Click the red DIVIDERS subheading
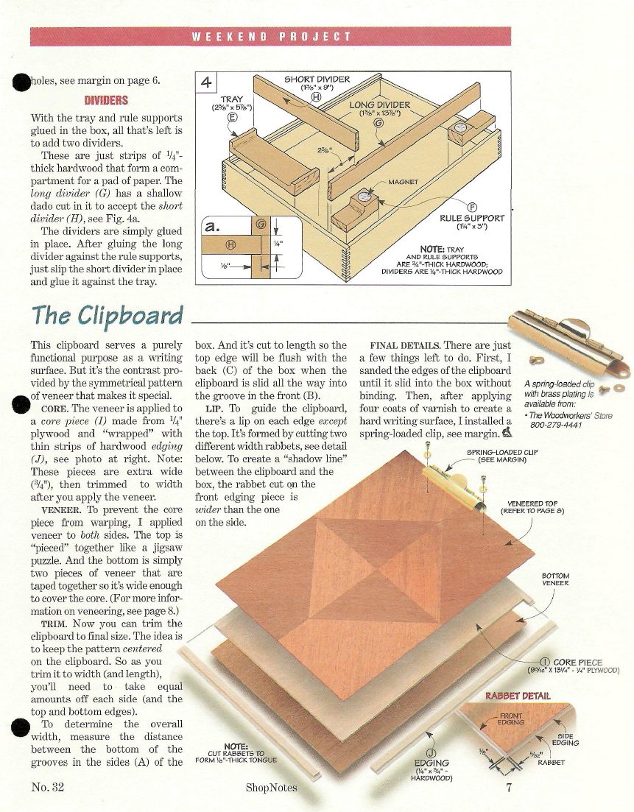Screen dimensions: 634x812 [106, 100]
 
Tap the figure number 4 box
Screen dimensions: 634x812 [206, 82]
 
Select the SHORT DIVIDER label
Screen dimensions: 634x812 [317, 80]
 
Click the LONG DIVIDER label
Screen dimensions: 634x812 [380, 105]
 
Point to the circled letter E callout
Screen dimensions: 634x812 [232, 117]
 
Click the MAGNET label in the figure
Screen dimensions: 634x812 [403, 183]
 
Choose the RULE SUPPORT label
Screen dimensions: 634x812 [472, 218]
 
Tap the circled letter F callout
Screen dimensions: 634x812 [472, 208]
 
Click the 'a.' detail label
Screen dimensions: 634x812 [213, 227]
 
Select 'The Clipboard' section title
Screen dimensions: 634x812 [108, 315]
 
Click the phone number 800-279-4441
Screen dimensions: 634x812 [556, 426]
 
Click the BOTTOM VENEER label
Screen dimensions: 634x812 [555, 579]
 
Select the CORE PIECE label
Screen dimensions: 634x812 [577, 663]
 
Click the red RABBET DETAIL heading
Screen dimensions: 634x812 [518, 696]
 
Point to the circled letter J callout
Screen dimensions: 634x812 [431, 754]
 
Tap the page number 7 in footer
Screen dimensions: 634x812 [509, 787]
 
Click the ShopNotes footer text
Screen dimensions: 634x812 [272, 788]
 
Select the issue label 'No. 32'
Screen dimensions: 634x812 [48, 787]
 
